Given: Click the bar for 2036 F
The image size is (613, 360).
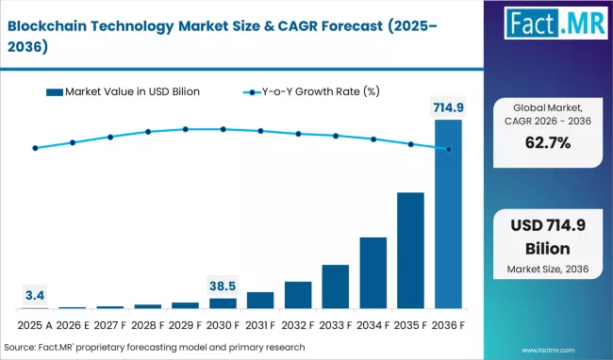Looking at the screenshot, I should click(449, 214).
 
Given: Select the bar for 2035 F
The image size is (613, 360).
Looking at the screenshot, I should click(411, 251).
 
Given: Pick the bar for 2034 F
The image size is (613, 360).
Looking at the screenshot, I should click(373, 272).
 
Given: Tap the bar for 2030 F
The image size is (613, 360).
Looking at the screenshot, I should click(223, 303).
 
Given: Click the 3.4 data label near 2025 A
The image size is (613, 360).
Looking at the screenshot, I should click(35, 295).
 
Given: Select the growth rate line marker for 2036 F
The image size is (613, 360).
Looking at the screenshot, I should click(449, 149).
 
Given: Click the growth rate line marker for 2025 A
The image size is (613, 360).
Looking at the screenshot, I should click(35, 148).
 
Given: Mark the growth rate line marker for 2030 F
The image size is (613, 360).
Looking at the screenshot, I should click(223, 129).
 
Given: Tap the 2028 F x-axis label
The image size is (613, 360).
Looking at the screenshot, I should click(148, 325).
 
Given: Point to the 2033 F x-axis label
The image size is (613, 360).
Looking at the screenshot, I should click(336, 325).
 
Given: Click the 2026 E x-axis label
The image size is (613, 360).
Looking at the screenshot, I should click(73, 325).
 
